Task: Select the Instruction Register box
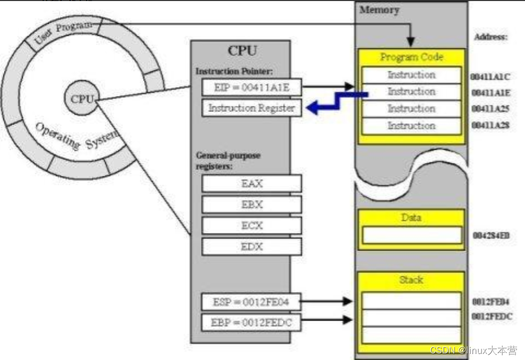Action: coord(251,108)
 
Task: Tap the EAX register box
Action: coord(251,184)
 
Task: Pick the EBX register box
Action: coord(251,204)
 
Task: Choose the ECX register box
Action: coord(251,225)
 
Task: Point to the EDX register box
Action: coord(251,247)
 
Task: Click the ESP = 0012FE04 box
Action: coord(251,303)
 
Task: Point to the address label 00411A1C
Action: coord(490,76)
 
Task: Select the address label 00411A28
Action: coord(490,125)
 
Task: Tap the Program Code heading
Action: coord(411,57)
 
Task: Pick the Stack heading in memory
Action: coord(411,279)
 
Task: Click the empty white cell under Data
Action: coord(411,235)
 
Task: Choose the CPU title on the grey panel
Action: coord(242,51)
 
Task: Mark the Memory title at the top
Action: coord(379,10)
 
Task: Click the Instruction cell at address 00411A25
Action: coord(411,108)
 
